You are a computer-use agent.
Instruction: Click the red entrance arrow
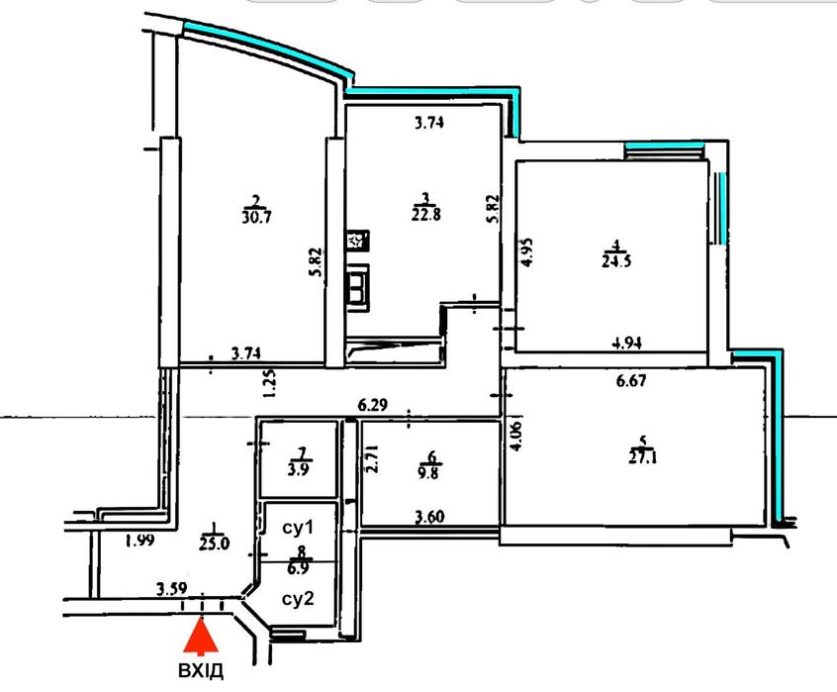(201, 637)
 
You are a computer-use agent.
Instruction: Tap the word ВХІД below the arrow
(201, 670)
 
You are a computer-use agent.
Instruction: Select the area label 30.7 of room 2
(256, 218)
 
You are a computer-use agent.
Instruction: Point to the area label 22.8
(426, 215)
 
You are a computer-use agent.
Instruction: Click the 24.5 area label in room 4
(616, 261)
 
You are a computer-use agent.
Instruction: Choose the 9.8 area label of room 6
(428, 472)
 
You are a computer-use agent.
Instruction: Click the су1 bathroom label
(299, 528)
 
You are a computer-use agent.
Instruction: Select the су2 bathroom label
(298, 599)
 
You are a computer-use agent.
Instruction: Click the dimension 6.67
(631, 381)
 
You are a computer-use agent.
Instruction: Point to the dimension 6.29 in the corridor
(373, 406)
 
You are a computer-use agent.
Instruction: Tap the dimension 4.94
(626, 343)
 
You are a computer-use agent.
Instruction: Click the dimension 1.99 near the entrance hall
(139, 541)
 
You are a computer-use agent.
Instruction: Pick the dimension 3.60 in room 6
(430, 517)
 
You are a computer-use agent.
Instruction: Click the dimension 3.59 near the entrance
(171, 589)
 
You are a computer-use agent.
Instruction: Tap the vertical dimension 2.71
(374, 458)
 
